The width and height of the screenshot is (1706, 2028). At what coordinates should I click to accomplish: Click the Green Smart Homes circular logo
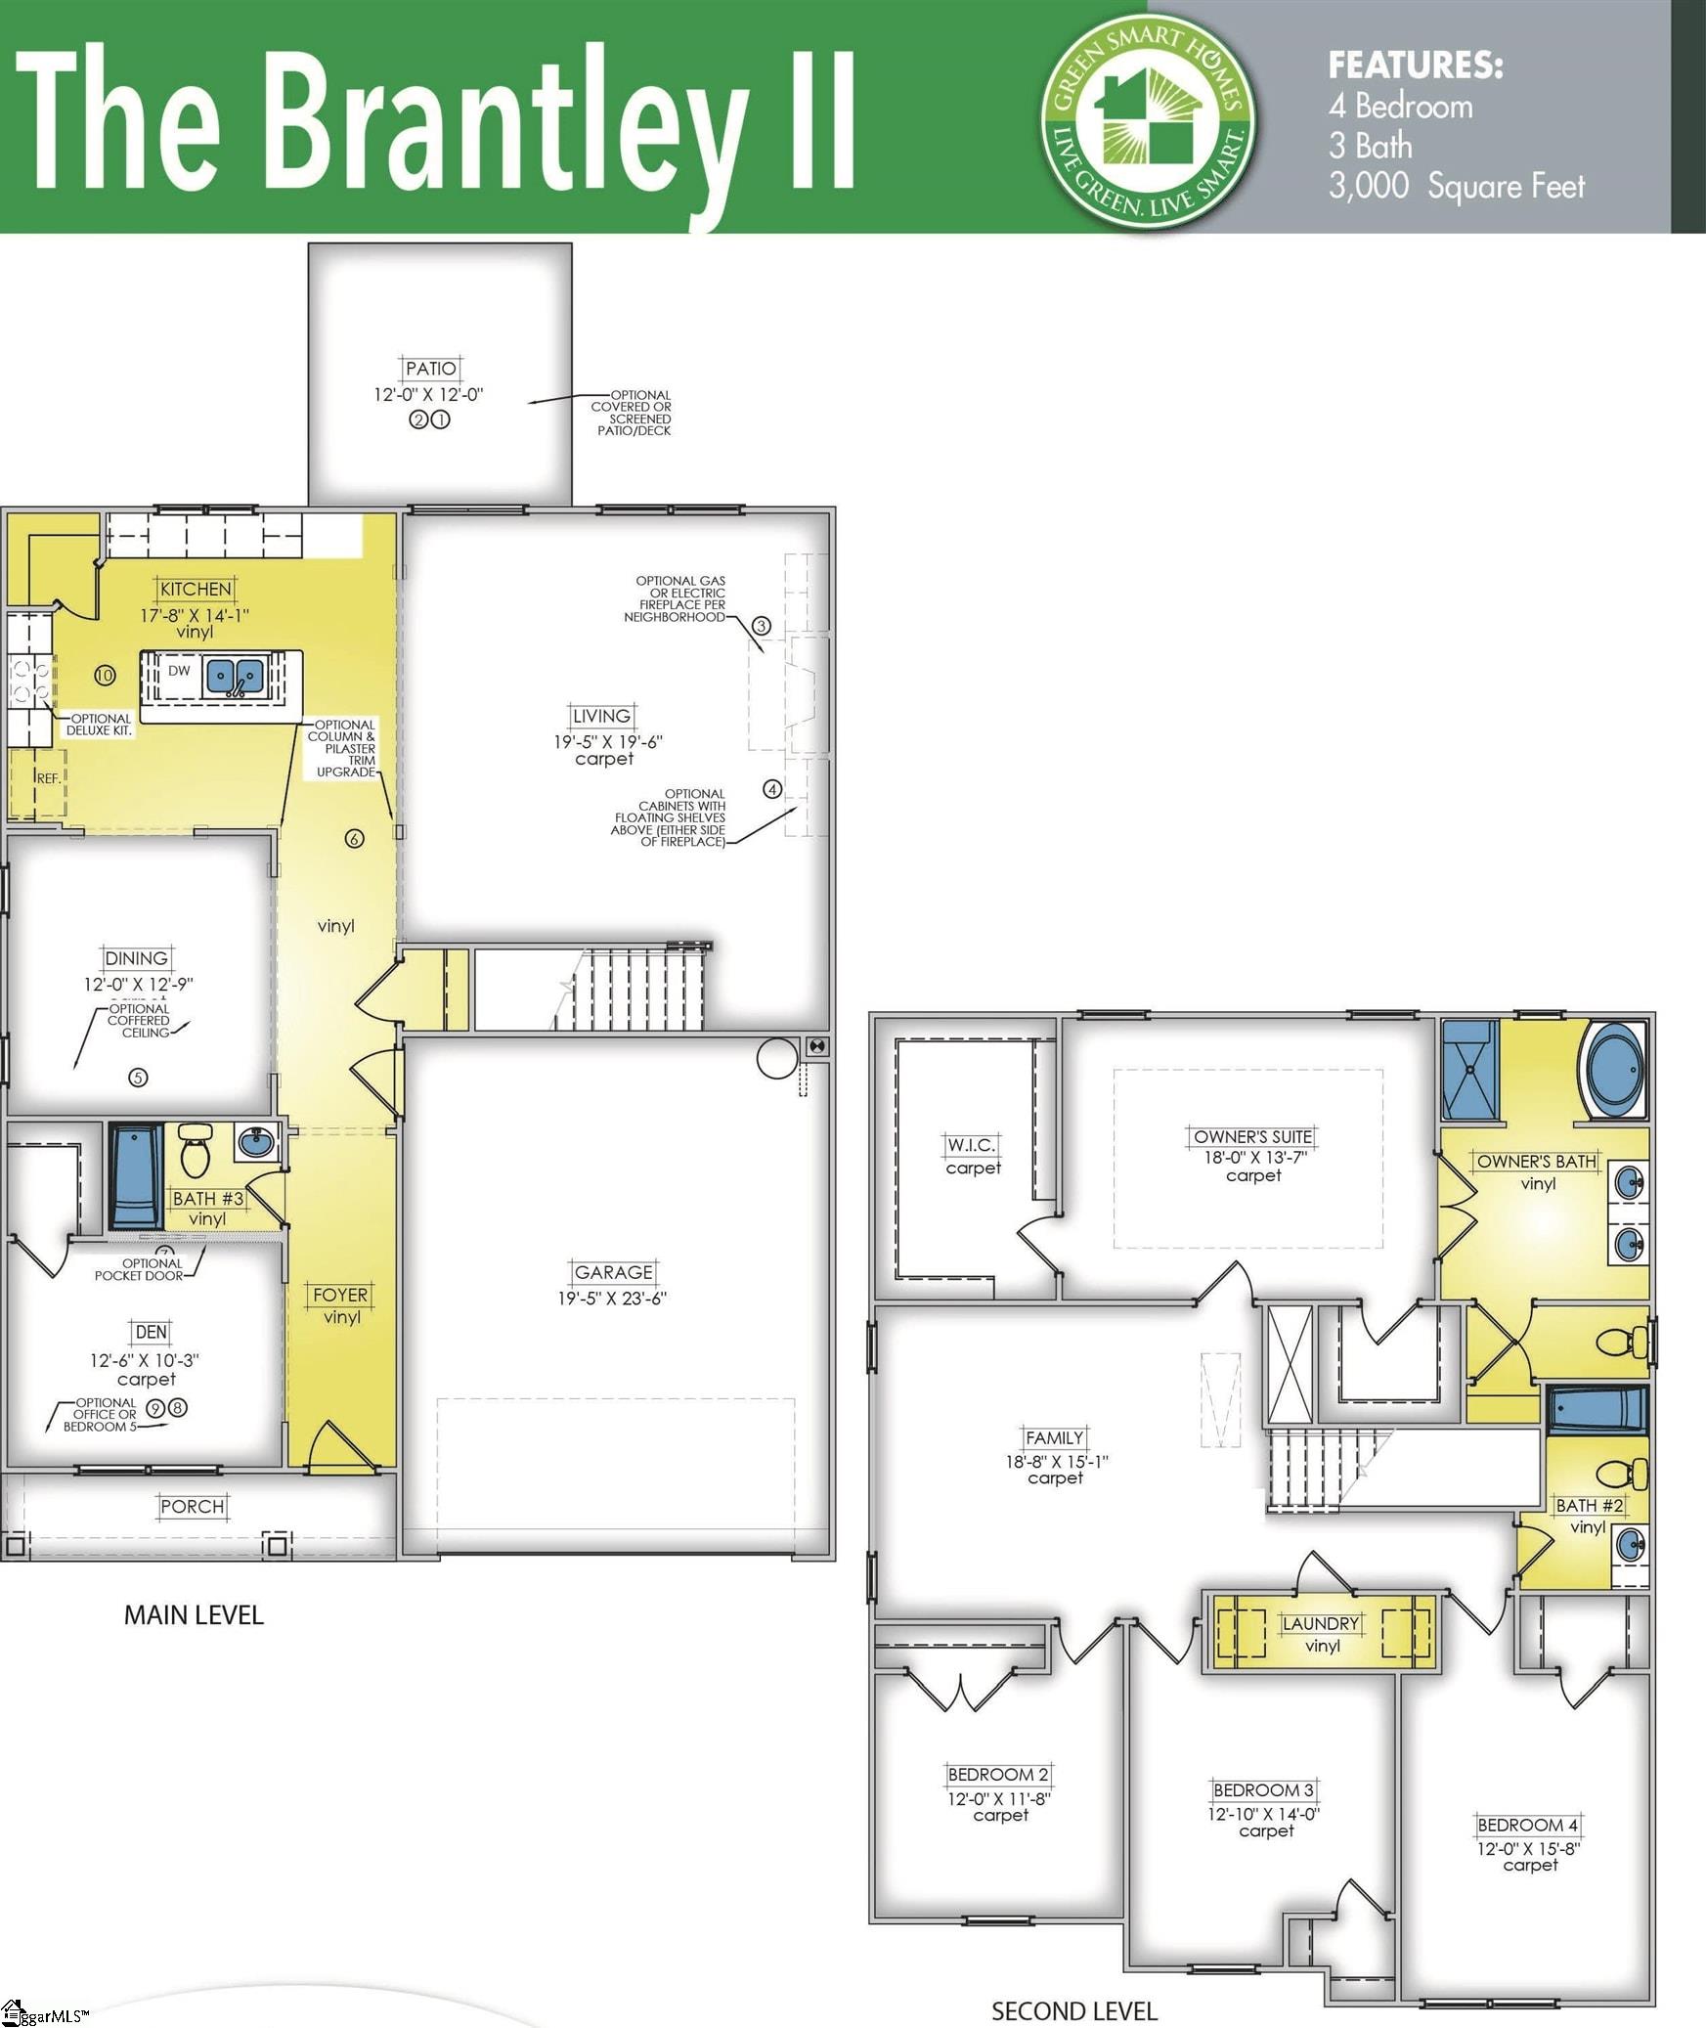coord(1149,122)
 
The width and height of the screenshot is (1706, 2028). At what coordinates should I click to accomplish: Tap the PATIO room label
coord(430,369)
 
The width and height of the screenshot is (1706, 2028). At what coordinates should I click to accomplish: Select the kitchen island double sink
coord(236,677)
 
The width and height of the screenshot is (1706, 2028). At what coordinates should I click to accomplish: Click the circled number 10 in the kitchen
coord(106,675)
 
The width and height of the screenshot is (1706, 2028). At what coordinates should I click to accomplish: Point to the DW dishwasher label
coord(179,671)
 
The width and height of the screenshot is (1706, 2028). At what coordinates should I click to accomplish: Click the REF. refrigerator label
coord(48,778)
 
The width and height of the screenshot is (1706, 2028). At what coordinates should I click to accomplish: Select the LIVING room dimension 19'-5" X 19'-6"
coord(607,741)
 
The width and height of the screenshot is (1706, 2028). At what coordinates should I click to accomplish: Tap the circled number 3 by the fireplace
coord(762,626)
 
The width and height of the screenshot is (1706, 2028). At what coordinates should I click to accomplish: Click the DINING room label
coord(137,958)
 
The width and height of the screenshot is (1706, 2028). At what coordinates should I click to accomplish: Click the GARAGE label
coord(613,1272)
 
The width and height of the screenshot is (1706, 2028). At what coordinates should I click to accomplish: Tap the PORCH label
coord(193,1507)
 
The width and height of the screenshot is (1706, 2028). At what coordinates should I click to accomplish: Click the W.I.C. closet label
coord(971,1145)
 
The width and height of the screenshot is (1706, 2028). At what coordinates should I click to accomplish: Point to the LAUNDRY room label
coord(1321,1623)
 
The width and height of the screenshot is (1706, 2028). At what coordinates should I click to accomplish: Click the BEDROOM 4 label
coord(1527,1825)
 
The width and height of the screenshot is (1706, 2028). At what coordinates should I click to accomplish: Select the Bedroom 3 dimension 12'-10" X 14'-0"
coord(1264,1814)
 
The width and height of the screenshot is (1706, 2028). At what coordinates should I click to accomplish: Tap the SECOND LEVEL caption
coord(1074,2004)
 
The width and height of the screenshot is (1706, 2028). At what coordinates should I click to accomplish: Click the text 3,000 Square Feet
coord(1456,186)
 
